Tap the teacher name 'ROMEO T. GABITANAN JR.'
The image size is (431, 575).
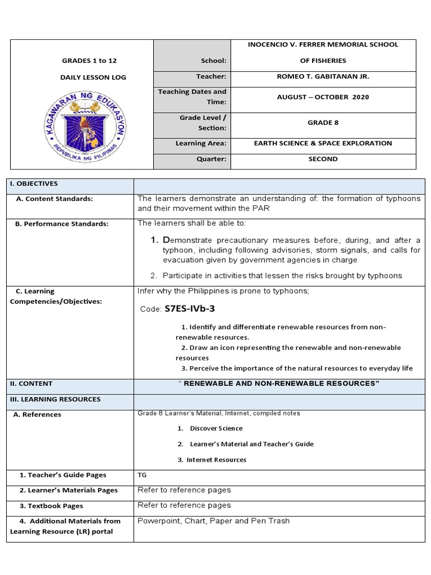coord(323,76)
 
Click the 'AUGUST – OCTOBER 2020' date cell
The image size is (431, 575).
coord(323,97)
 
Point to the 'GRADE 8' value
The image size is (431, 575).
coord(323,122)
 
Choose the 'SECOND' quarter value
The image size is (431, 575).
coord(323,159)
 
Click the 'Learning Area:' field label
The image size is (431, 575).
coord(201,143)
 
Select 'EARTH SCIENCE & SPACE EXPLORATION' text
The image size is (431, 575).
coord(323,143)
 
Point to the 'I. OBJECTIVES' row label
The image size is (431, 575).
coord(34,184)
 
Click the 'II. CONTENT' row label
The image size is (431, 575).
coord(31,384)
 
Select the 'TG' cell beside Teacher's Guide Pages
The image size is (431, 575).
coord(142,475)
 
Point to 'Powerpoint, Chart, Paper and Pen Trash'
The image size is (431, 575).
coord(214,521)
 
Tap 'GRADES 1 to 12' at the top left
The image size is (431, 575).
coord(90,61)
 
